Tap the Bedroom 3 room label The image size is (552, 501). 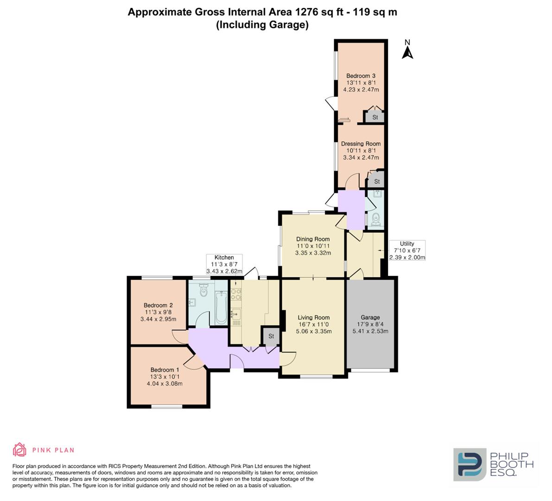coord(361,76)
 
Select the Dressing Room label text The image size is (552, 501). coord(361,144)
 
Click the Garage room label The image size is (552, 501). coord(370,318)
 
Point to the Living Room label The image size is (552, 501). coord(313,318)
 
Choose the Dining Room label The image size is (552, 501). coord(313,239)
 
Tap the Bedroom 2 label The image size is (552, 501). coord(158,305)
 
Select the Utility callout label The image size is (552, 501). coord(407,244)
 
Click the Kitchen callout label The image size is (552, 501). coord(224,257)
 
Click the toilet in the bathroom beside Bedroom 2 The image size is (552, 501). coord(203,290)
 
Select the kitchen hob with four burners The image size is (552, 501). coord(235,294)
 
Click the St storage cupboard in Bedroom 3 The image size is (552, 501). coord(375,117)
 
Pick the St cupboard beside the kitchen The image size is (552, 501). coord(271,336)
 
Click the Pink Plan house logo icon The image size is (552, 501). coord(19,450)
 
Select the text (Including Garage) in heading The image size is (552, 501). coord(262,25)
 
